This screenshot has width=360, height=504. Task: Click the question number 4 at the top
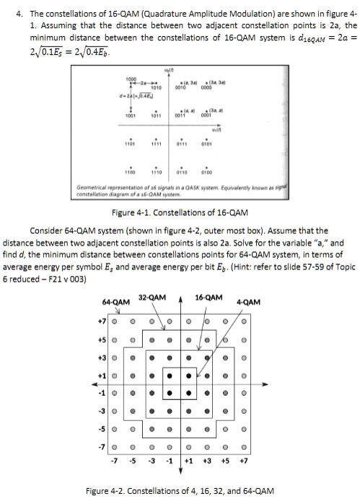pos(10,12)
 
